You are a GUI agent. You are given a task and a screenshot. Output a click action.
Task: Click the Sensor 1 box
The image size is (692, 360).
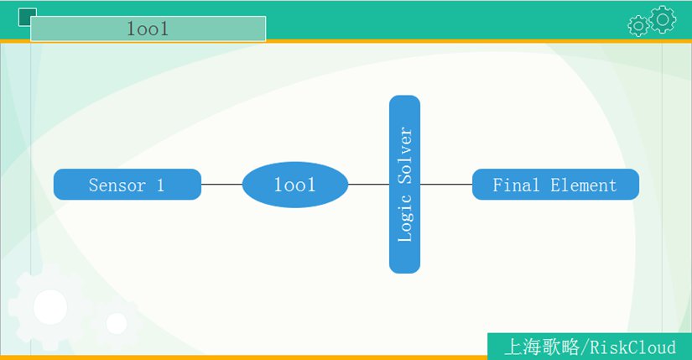click(127, 185)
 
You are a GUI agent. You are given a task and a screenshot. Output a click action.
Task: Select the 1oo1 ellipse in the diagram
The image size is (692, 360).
click(295, 185)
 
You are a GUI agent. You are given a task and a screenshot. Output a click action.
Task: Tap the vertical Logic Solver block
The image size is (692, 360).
click(404, 185)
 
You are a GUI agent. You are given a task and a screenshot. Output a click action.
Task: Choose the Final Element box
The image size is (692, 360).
click(555, 185)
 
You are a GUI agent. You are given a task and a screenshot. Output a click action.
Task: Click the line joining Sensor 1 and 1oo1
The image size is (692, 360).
click(222, 185)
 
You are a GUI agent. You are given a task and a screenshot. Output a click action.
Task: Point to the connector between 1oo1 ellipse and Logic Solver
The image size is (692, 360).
click(368, 185)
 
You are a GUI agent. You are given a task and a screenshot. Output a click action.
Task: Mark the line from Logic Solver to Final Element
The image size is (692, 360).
click(446, 185)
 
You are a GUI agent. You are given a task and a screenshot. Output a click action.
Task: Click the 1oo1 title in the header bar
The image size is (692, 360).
click(148, 29)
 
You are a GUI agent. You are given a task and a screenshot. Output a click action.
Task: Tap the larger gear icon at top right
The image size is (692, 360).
click(663, 19)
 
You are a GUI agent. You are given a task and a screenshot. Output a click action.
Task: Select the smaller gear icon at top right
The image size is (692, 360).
click(638, 26)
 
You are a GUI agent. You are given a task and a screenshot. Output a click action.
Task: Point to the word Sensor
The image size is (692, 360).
click(117, 185)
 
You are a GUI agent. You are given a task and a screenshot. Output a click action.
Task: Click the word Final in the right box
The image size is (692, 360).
click(516, 185)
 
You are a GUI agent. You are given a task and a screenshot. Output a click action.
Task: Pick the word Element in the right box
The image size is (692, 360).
click(584, 185)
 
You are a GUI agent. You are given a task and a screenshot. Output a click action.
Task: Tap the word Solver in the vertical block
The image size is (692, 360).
click(405, 155)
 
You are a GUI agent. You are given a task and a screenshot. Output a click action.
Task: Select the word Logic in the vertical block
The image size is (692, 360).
click(405, 218)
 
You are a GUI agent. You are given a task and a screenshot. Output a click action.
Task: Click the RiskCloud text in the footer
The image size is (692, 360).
click(632, 347)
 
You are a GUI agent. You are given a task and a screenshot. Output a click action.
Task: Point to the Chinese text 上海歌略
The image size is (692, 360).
click(542, 347)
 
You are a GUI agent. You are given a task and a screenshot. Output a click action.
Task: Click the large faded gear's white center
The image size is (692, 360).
click(50, 307)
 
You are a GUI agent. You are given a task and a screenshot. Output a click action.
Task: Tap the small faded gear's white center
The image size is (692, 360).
click(117, 323)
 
